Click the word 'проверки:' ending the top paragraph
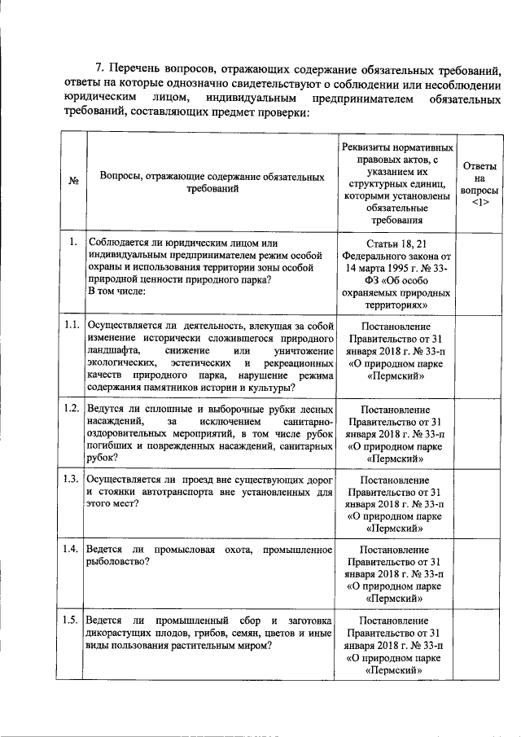coord(285,112)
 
